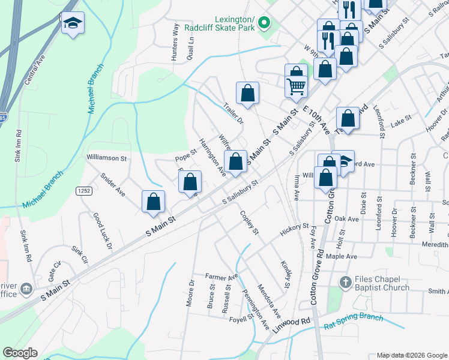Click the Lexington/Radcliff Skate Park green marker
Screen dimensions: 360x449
point(263,25)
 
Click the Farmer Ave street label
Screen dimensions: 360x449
point(221,277)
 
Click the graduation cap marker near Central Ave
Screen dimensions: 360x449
point(73,23)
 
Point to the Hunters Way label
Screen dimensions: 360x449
point(175,43)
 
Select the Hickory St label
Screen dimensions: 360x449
point(294,230)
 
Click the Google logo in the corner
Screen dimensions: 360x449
point(20,353)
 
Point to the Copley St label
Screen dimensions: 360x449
point(249,223)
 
